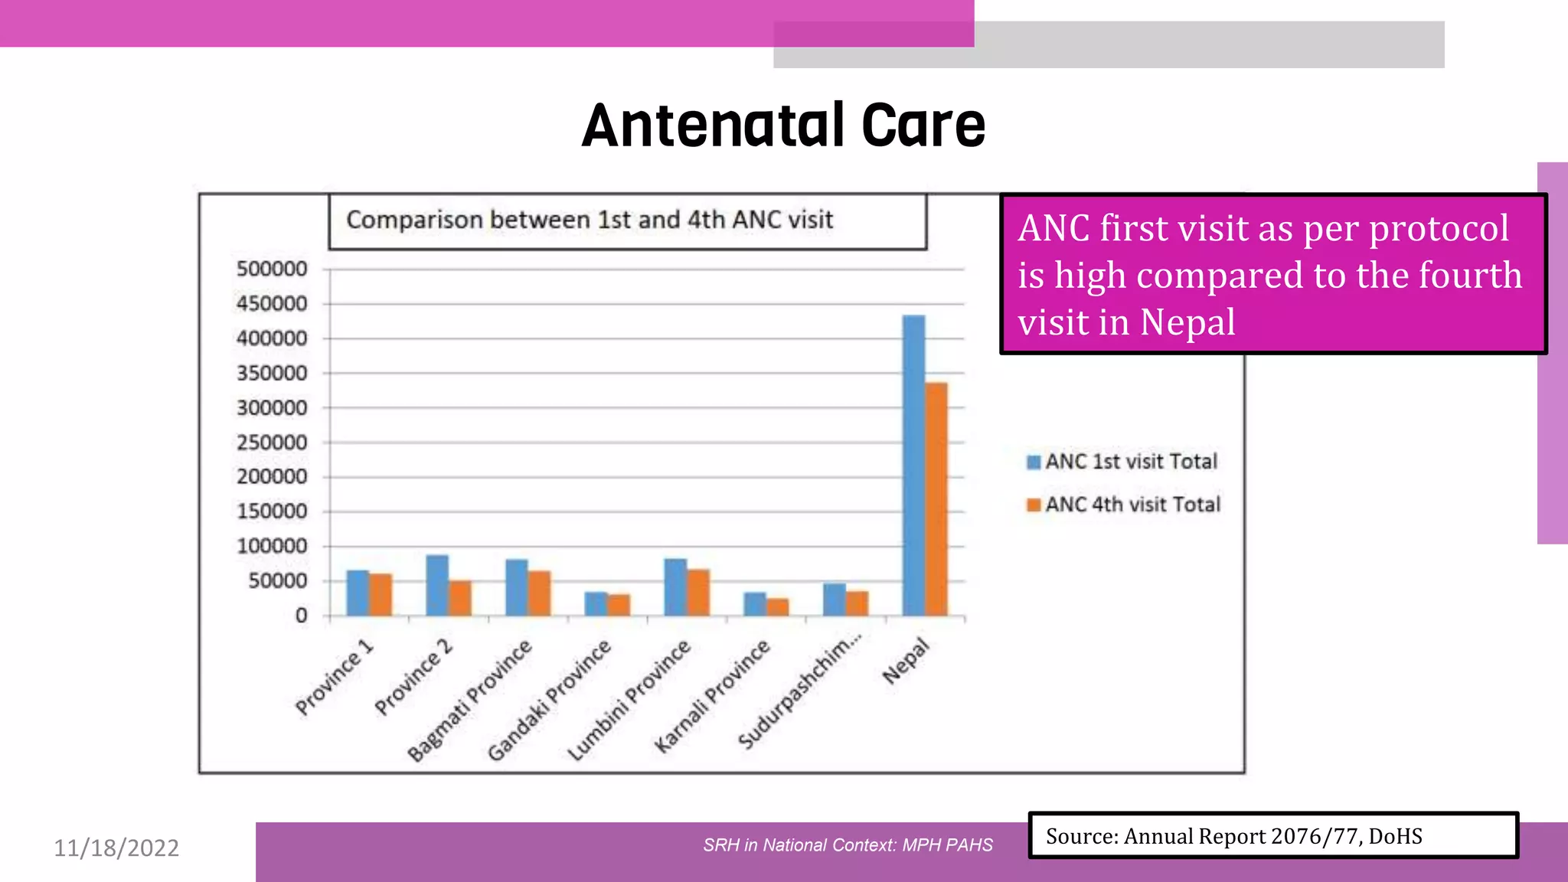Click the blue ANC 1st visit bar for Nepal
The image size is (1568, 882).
[913, 467]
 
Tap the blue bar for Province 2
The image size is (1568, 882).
[437, 586]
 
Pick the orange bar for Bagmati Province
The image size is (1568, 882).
[539, 593]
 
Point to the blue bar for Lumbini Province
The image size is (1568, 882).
[675, 587]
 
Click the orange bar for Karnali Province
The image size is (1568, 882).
[778, 607]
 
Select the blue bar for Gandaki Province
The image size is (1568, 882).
[596, 604]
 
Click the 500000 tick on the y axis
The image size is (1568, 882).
[272, 269]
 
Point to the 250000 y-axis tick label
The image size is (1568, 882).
[272, 443]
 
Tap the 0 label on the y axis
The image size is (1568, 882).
[301, 616]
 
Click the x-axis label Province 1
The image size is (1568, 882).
[335, 677]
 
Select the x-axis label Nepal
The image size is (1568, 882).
[906, 661]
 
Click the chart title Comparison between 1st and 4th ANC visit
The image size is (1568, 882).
[590, 220]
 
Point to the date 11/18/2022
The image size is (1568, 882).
[116, 848]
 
